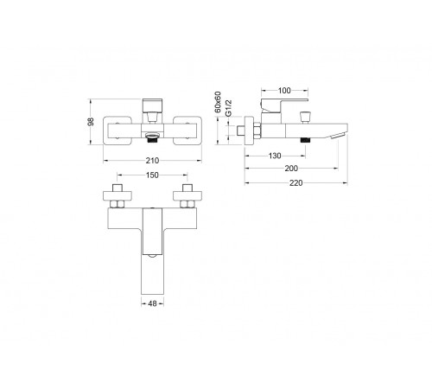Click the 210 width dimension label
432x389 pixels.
click(152, 161)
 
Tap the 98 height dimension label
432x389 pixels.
click(91, 122)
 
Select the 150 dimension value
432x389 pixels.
click(152, 175)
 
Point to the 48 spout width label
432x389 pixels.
click(152, 303)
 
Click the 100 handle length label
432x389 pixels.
click(284, 91)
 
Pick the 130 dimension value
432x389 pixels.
click(275, 156)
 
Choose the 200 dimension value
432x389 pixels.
click(291, 169)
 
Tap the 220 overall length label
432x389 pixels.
click(296, 183)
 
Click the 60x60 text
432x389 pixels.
click(218, 102)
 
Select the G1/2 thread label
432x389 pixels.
click(228, 108)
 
